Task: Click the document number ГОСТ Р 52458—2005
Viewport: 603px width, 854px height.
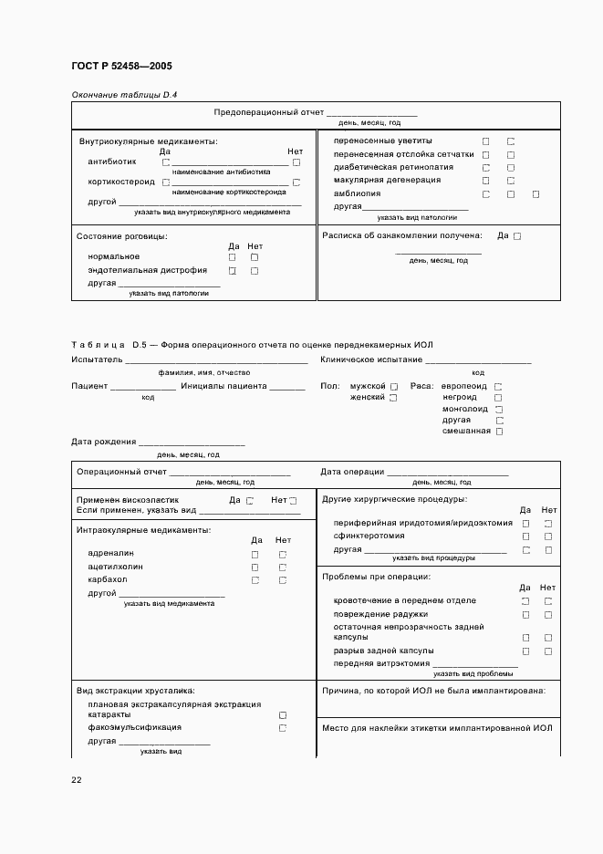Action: (x=120, y=67)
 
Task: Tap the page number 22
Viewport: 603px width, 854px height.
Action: (x=77, y=779)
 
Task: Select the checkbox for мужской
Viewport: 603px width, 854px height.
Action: (x=394, y=387)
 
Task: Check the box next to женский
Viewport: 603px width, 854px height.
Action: (x=394, y=398)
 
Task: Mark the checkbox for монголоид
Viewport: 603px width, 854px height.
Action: (x=499, y=409)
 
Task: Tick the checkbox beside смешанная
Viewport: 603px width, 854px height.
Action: (x=499, y=432)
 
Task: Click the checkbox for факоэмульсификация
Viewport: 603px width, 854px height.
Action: (x=283, y=728)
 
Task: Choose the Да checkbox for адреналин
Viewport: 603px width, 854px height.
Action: (x=255, y=554)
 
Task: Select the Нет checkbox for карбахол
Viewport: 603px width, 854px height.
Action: (x=283, y=579)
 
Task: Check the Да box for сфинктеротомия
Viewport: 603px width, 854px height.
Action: (x=525, y=536)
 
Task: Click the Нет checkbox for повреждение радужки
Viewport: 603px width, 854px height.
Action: (x=548, y=615)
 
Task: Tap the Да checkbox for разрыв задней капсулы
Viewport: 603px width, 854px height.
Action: (x=525, y=651)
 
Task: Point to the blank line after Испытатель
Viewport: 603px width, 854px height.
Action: (x=216, y=361)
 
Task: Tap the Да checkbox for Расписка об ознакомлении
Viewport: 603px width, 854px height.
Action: (x=517, y=236)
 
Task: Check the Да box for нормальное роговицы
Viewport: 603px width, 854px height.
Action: (x=233, y=257)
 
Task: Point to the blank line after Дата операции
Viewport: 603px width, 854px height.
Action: (x=447, y=473)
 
